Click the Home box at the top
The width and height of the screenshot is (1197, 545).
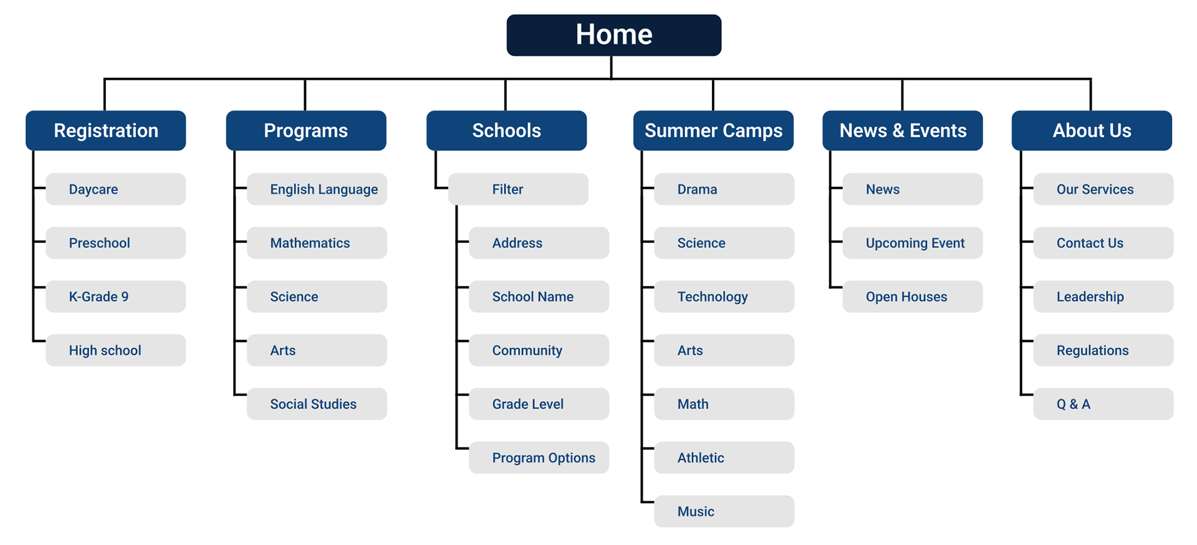click(613, 35)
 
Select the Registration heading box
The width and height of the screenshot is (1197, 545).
click(105, 130)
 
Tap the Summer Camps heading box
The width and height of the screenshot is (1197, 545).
click(713, 130)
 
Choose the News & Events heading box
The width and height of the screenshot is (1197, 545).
click(902, 130)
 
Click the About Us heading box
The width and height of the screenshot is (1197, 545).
click(1092, 130)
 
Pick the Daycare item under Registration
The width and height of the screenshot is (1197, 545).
click(115, 189)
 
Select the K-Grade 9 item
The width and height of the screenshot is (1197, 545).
click(115, 296)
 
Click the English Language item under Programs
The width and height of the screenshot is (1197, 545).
click(317, 189)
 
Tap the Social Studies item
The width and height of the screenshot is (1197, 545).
click(317, 404)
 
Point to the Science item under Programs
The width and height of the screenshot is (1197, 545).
click(317, 296)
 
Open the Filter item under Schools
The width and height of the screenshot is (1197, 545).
click(518, 189)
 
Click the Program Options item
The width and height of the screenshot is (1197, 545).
click(539, 458)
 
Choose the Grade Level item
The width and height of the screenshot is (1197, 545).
click(539, 404)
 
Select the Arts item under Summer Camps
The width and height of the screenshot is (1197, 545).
click(724, 350)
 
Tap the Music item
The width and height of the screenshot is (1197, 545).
click(724, 511)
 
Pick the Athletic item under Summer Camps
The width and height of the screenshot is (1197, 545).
click(724, 458)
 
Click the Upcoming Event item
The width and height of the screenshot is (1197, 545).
click(913, 243)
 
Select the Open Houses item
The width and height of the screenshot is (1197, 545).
click(913, 296)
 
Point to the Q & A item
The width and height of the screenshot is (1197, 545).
click(1103, 404)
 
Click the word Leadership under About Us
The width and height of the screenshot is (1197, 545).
click(1090, 297)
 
